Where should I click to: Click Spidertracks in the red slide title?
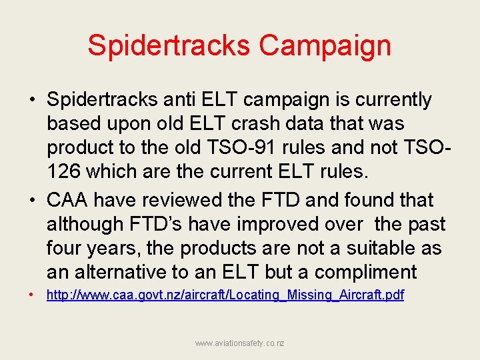tap(169, 45)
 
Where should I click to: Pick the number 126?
tap(65, 172)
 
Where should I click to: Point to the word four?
tap(65, 249)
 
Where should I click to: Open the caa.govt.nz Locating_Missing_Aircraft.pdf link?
tap(225, 295)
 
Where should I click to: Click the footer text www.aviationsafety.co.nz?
tap(239, 343)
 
